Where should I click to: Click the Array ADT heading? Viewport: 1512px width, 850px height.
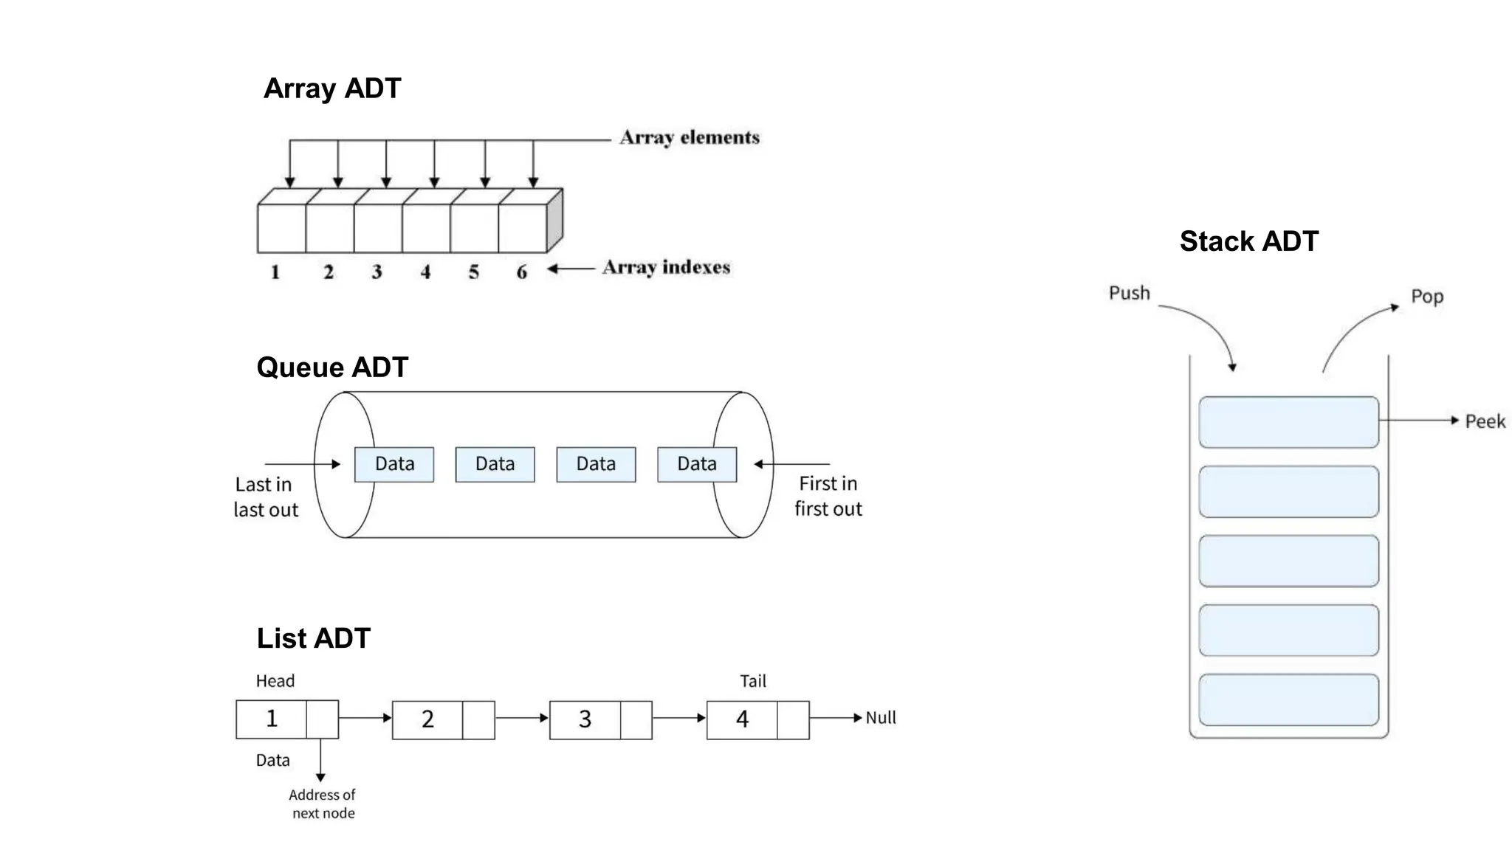coord(331,89)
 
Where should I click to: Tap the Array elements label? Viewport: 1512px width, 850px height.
coord(689,138)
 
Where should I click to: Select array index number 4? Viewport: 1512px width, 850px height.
coord(425,272)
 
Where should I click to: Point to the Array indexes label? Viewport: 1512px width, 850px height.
coord(665,267)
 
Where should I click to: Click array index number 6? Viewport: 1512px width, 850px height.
coord(521,272)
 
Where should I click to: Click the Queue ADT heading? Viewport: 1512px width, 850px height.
coord(331,367)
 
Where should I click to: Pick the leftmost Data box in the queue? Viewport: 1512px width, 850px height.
coord(394,464)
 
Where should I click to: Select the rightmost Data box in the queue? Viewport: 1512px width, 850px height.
coord(696,464)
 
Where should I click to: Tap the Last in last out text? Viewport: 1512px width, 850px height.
coord(265,497)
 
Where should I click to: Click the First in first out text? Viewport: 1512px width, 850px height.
coord(828,496)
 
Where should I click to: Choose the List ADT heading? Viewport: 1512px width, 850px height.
coord(313,638)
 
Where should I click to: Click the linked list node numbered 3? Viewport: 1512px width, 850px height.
coord(585,719)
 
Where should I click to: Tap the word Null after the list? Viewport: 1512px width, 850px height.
coord(880,718)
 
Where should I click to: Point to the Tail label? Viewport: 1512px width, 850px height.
coord(752,681)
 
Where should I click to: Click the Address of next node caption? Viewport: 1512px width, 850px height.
coord(323,804)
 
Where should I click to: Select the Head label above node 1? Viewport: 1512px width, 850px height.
coord(275,681)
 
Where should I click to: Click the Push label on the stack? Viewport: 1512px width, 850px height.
coord(1129,294)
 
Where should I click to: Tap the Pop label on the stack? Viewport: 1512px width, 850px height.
coord(1426,297)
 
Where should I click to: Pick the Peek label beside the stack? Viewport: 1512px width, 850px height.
coord(1484,421)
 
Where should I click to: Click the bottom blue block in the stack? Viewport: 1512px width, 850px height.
coord(1288,699)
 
